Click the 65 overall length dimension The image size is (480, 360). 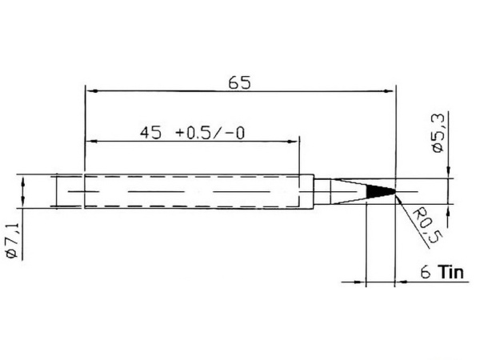point(239,82)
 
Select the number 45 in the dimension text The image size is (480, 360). point(150,133)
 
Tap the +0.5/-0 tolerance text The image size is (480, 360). point(210,133)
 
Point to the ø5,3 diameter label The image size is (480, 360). point(437,134)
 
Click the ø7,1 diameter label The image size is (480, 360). point(13,241)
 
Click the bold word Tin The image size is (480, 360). point(450,272)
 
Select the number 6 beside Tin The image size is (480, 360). point(426,272)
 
